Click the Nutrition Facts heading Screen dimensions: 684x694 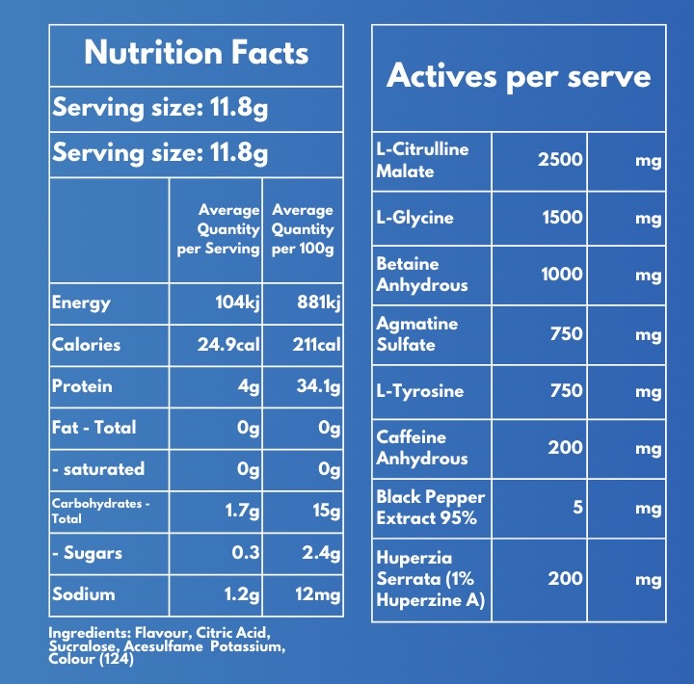click(197, 52)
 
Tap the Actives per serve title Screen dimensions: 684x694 click(519, 76)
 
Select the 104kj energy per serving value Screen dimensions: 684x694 click(237, 303)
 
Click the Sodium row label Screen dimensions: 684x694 click(84, 594)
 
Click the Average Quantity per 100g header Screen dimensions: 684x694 click(303, 229)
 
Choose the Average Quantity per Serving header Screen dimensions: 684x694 click(219, 229)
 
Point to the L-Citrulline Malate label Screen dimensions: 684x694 click(422, 160)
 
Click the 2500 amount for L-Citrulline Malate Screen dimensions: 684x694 click(560, 159)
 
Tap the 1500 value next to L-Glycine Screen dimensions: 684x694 click(561, 217)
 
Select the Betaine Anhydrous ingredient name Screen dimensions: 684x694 click(421, 274)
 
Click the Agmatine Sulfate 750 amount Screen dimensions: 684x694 click(567, 333)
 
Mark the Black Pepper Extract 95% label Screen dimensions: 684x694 click(430, 507)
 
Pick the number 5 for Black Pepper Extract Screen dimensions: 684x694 click(577, 507)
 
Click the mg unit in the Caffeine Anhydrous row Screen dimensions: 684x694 click(648, 448)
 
